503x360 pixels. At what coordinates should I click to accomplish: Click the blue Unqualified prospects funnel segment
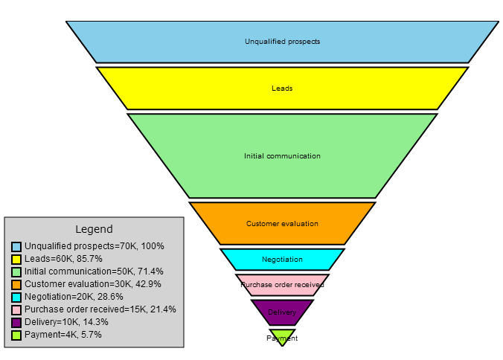tap(282, 42)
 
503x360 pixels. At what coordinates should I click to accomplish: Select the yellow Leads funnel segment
tap(282, 89)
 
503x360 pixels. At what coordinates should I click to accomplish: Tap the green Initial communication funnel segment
tap(282, 156)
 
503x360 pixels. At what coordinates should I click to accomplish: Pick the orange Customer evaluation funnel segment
tap(282, 223)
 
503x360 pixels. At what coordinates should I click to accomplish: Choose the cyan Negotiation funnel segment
tap(282, 260)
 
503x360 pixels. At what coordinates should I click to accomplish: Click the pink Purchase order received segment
tap(282, 284)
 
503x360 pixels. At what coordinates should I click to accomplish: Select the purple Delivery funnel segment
tap(282, 312)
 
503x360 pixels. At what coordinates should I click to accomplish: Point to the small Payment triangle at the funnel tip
tap(282, 336)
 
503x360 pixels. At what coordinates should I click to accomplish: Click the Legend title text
tap(94, 229)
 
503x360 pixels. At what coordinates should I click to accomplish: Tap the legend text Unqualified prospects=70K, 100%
tap(94, 246)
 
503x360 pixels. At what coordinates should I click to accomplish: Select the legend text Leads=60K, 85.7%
tap(63, 259)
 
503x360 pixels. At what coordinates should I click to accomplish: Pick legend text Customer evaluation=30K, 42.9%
tap(92, 284)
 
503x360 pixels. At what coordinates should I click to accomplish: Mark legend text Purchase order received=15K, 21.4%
tap(100, 309)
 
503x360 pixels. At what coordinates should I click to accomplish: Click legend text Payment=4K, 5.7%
tap(63, 335)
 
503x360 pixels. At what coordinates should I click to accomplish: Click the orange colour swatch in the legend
tap(16, 284)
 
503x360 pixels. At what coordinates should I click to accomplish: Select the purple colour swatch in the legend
tap(16, 322)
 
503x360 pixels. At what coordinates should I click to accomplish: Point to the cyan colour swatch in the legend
tap(16, 297)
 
